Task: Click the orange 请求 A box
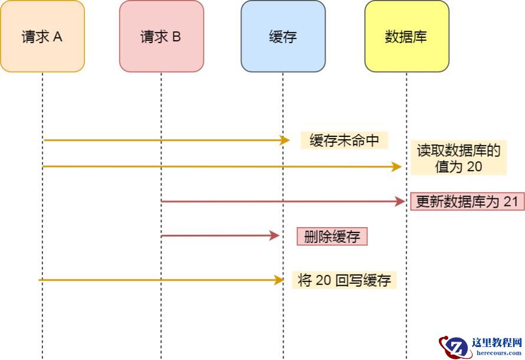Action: (x=42, y=37)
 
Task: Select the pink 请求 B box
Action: (x=161, y=37)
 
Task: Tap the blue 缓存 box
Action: (x=283, y=37)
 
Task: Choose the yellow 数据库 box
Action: (x=406, y=37)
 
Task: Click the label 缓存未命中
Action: (x=344, y=140)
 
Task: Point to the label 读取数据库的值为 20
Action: (x=458, y=158)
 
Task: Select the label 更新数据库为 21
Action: (x=467, y=202)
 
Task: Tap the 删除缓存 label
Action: (x=332, y=237)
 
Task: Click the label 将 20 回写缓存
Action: (x=344, y=280)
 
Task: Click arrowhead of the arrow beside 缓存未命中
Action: (x=286, y=140)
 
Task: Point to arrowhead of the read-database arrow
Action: (x=397, y=167)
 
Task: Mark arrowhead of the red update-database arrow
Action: (x=401, y=202)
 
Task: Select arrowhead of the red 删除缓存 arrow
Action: (x=274, y=236)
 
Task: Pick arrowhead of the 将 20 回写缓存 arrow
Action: (x=279, y=280)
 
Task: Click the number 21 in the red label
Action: (x=511, y=202)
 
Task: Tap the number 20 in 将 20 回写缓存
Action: (x=323, y=280)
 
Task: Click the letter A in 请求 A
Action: (x=58, y=37)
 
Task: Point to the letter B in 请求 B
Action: (x=176, y=37)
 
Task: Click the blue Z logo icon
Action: (x=455, y=347)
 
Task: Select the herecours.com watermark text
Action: (x=497, y=353)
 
